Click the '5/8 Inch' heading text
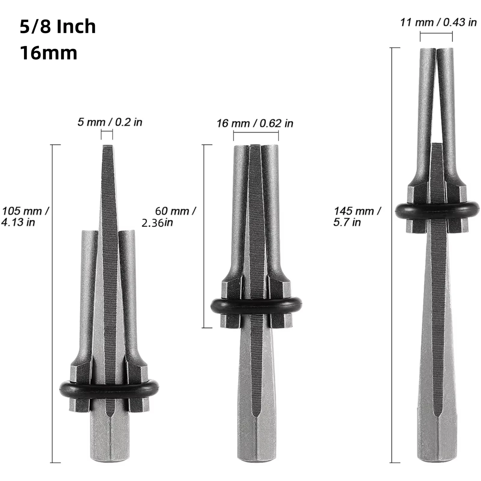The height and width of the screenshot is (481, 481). [x=58, y=26]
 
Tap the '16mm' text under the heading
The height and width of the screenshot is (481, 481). [x=49, y=53]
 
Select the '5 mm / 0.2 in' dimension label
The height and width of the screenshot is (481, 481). [x=110, y=122]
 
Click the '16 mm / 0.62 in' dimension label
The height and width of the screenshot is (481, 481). [x=255, y=123]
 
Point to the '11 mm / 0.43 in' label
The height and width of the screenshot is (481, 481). [x=438, y=23]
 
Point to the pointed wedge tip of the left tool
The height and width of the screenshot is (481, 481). [x=107, y=149]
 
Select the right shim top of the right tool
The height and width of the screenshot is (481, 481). [x=445, y=51]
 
